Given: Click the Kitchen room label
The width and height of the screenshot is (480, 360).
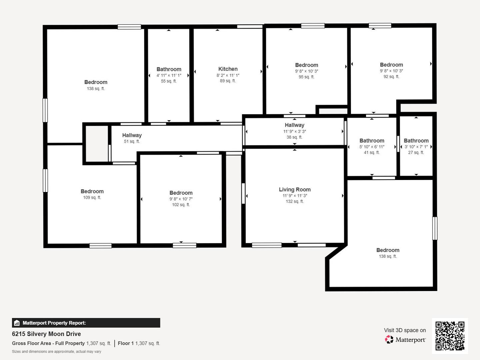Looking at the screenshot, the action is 228,69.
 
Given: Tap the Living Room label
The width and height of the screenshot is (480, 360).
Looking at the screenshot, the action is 295,190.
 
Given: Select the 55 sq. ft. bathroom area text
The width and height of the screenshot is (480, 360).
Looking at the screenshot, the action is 169,81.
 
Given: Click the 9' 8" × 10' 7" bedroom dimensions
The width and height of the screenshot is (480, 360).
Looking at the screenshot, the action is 181,199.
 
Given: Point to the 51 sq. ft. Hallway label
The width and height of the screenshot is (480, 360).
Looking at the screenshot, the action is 132,135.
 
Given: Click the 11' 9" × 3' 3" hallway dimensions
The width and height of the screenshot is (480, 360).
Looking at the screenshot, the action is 295,131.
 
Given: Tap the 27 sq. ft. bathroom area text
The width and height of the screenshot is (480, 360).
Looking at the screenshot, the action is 416,153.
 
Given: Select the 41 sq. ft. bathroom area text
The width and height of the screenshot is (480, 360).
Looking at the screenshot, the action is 372,153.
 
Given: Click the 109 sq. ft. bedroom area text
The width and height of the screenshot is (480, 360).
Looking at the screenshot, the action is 92,198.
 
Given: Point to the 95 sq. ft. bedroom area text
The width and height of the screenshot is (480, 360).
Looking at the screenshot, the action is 306,77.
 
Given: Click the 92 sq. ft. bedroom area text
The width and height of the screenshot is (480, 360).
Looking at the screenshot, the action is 391,77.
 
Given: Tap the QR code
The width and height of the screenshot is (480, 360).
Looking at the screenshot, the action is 450,336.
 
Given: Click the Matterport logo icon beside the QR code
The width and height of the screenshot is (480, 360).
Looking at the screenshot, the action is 389,339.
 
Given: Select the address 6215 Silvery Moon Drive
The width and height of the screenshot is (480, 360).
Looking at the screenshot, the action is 46,334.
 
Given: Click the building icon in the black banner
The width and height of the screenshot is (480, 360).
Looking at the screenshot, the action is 17,323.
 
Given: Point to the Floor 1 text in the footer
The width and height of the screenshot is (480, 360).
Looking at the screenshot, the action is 126,343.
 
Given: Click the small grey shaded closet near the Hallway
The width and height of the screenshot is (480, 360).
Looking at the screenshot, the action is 97,144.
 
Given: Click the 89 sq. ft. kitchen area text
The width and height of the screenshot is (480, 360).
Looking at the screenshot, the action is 228,81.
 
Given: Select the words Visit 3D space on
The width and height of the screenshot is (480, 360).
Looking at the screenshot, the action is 405,330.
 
